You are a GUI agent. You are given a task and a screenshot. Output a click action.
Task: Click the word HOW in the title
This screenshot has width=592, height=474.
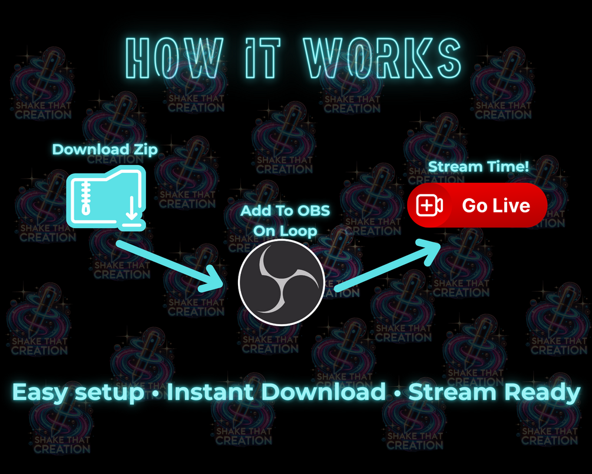click(174, 58)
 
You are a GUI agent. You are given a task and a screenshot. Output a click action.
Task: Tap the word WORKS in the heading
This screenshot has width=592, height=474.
click(382, 58)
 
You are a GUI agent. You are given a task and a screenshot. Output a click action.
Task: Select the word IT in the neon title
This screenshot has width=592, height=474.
click(263, 58)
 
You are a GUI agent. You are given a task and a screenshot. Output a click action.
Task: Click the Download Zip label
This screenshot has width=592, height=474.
click(105, 150)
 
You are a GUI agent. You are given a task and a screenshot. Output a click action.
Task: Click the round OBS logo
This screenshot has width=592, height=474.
click(282, 282)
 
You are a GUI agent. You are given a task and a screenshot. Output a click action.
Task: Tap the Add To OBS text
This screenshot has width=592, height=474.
click(285, 210)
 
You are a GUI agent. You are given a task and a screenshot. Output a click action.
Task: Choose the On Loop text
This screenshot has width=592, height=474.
click(285, 231)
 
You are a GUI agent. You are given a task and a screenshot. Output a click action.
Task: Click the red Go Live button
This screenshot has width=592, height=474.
click(477, 205)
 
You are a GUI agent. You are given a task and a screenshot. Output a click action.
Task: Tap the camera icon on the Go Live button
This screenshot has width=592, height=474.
click(429, 205)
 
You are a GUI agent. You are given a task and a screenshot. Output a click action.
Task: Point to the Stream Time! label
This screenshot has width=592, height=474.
click(478, 167)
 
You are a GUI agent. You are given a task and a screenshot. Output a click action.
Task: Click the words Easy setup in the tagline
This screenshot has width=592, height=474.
click(78, 393)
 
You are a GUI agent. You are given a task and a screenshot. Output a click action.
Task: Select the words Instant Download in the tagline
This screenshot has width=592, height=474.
click(276, 391)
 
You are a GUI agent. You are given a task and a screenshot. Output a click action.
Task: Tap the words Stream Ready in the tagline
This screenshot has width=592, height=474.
click(494, 393)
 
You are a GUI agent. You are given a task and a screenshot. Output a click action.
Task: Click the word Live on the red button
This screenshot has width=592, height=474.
click(512, 205)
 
